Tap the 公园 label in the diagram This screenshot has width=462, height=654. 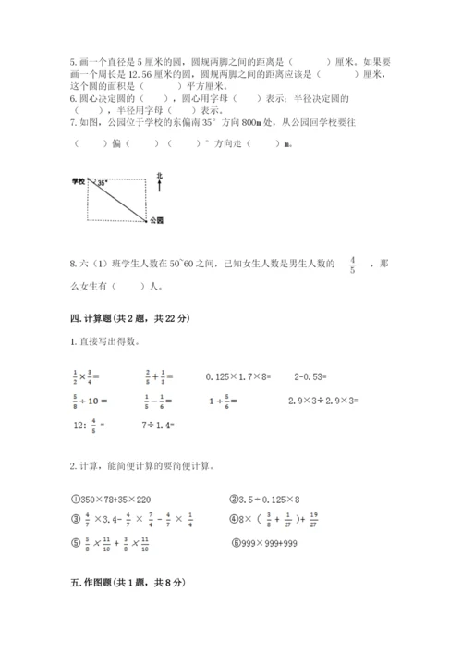tap(154, 223)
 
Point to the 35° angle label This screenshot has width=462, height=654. tap(101, 184)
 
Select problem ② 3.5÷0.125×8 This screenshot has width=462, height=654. tap(271, 497)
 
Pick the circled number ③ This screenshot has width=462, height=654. tap(77, 520)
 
